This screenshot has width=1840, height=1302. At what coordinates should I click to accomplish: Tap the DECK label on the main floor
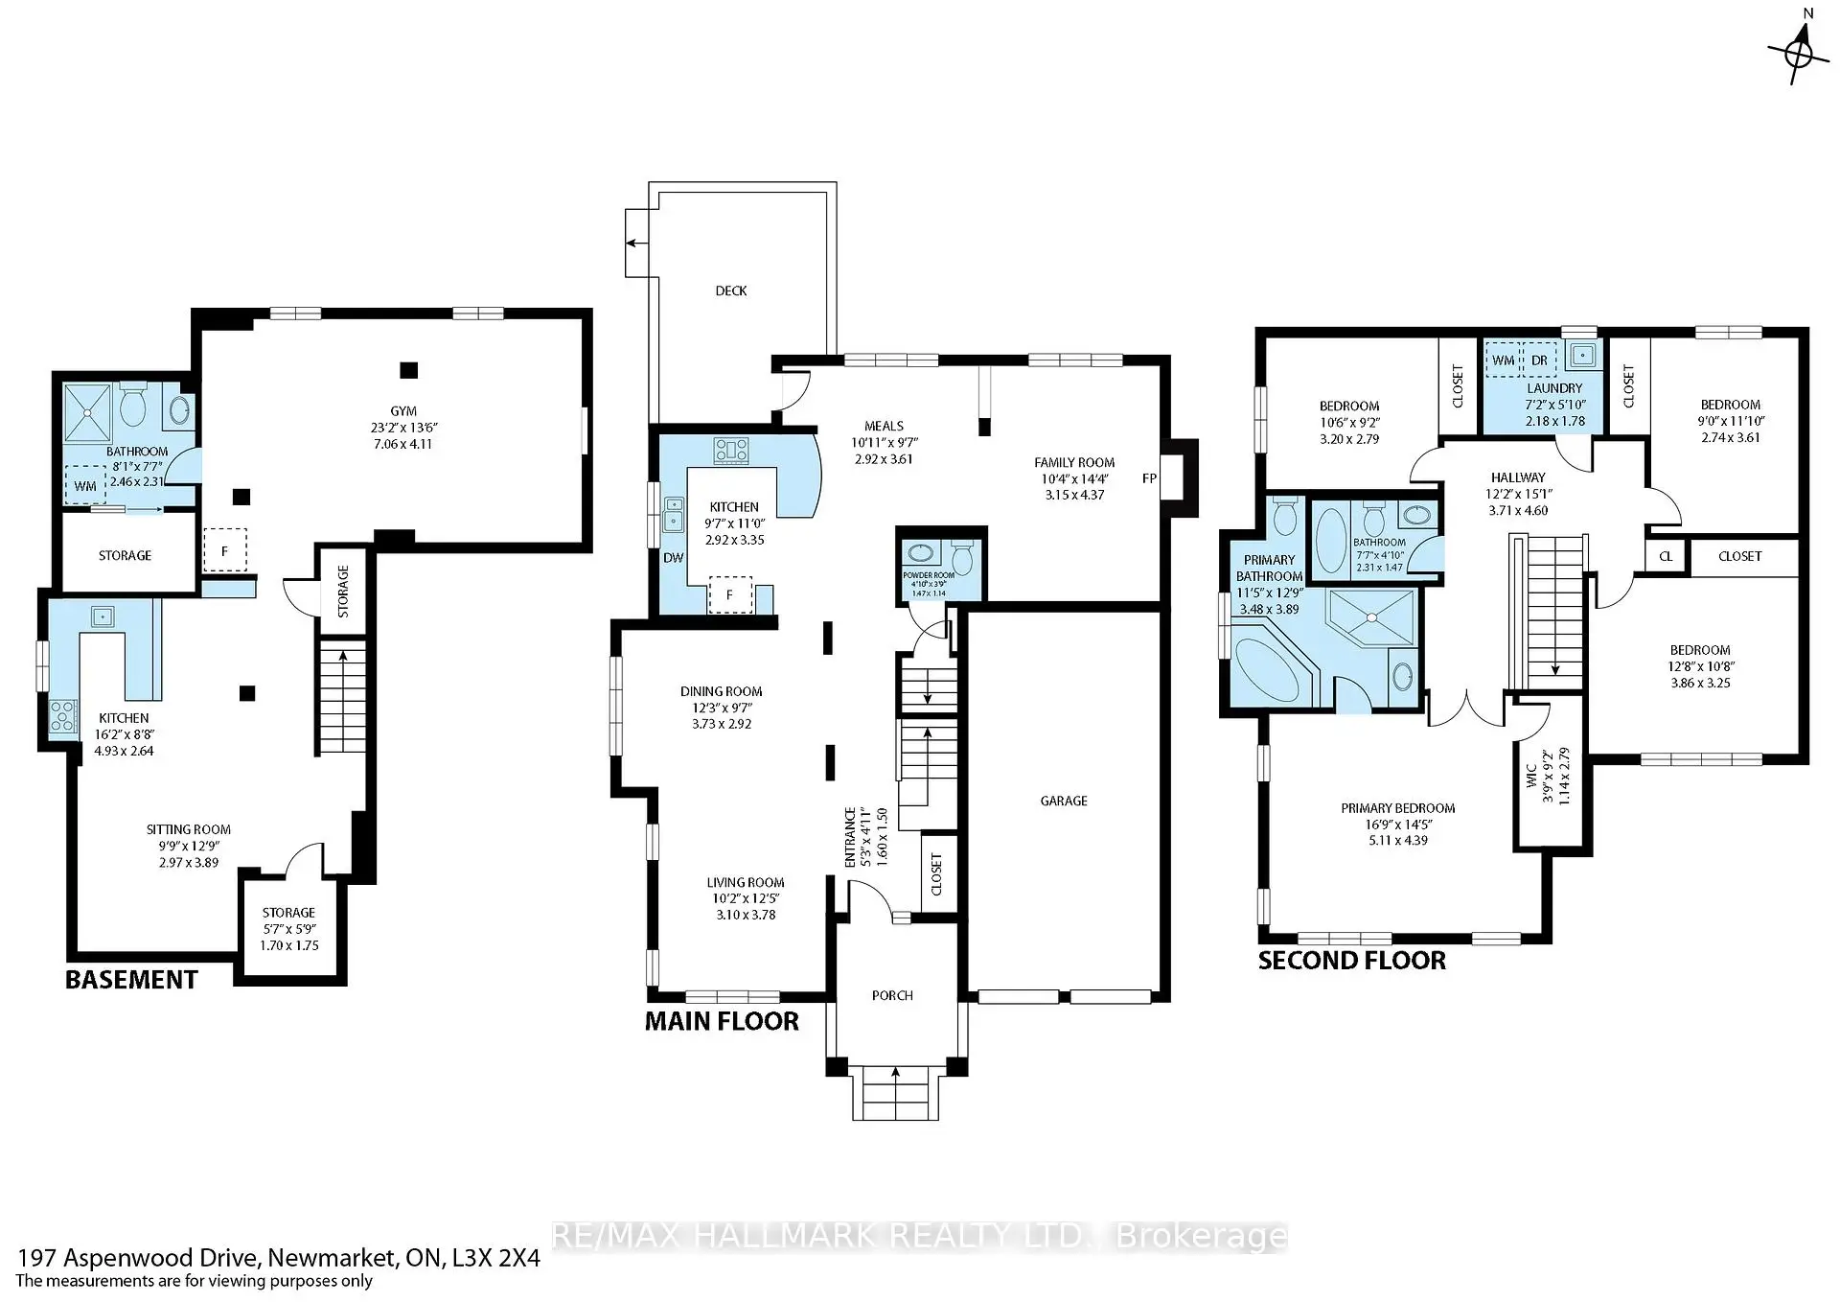pyautogui.click(x=730, y=291)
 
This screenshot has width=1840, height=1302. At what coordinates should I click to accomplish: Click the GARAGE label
pyautogui.click(x=1063, y=801)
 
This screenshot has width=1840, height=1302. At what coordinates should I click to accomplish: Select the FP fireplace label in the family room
pyautogui.click(x=1149, y=478)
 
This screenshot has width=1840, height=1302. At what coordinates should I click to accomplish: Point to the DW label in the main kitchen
pyautogui.click(x=673, y=557)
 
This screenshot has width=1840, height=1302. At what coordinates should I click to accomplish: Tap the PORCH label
pyautogui.click(x=891, y=995)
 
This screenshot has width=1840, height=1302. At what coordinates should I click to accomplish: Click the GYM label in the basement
pyautogui.click(x=403, y=411)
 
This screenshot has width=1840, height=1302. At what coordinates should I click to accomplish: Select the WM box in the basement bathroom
pyautogui.click(x=85, y=486)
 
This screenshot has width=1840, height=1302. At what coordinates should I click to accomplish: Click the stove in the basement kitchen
pyautogui.click(x=63, y=715)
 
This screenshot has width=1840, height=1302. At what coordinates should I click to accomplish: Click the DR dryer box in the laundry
pyautogui.click(x=1539, y=360)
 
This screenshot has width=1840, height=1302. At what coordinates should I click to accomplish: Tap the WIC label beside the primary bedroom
pyautogui.click(x=1531, y=777)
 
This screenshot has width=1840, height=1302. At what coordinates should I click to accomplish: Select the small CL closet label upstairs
pyautogui.click(x=1666, y=556)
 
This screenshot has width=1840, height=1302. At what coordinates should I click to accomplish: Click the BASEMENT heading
pyautogui.click(x=131, y=980)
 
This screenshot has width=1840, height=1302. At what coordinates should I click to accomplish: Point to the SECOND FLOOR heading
pyautogui.click(x=1351, y=961)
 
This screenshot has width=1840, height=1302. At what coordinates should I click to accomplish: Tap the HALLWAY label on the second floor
pyautogui.click(x=1518, y=477)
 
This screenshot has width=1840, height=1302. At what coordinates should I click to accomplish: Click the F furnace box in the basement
pyautogui.click(x=224, y=551)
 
